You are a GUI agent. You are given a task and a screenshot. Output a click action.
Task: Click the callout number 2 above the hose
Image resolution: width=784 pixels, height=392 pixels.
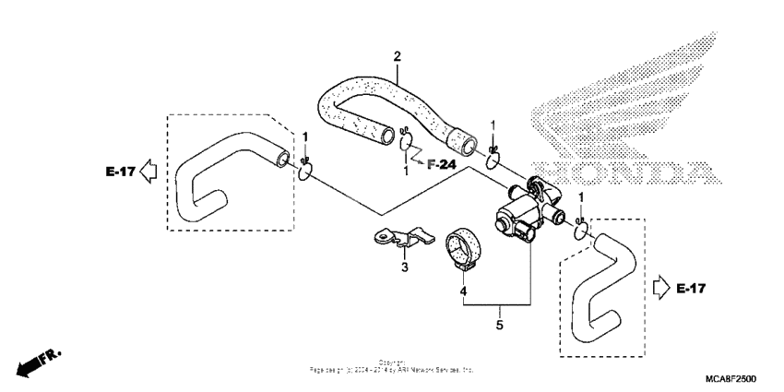pyautogui.click(x=397, y=56)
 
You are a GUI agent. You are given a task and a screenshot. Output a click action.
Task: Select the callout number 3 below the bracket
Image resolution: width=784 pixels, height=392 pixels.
pyautogui.click(x=403, y=267)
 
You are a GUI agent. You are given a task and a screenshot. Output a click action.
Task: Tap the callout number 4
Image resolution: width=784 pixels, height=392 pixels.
pyautogui.click(x=463, y=293)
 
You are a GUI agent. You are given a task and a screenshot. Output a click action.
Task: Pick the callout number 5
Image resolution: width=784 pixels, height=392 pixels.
pyautogui.click(x=498, y=325)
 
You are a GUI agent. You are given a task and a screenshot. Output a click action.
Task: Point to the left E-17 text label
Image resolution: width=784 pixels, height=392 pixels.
pyautogui.click(x=121, y=171)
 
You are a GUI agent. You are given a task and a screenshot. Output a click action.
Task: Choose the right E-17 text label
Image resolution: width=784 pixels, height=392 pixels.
pyautogui.click(x=690, y=290)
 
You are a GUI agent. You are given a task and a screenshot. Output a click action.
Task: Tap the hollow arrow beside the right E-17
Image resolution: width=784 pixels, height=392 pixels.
pyautogui.click(x=660, y=290)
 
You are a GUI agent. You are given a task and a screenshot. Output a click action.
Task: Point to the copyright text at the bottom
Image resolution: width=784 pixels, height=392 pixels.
pyautogui.click(x=392, y=367)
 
